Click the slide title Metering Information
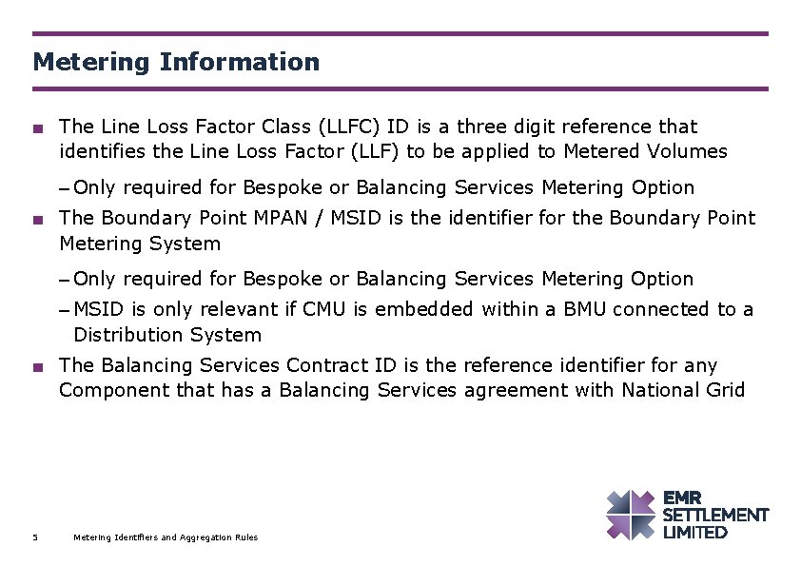click(x=176, y=63)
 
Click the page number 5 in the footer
click(x=35, y=537)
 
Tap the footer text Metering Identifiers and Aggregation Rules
click(x=166, y=537)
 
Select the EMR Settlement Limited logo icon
click(x=631, y=515)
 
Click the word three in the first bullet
click(x=494, y=127)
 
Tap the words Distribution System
click(x=167, y=335)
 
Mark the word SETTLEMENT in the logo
click(x=715, y=515)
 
